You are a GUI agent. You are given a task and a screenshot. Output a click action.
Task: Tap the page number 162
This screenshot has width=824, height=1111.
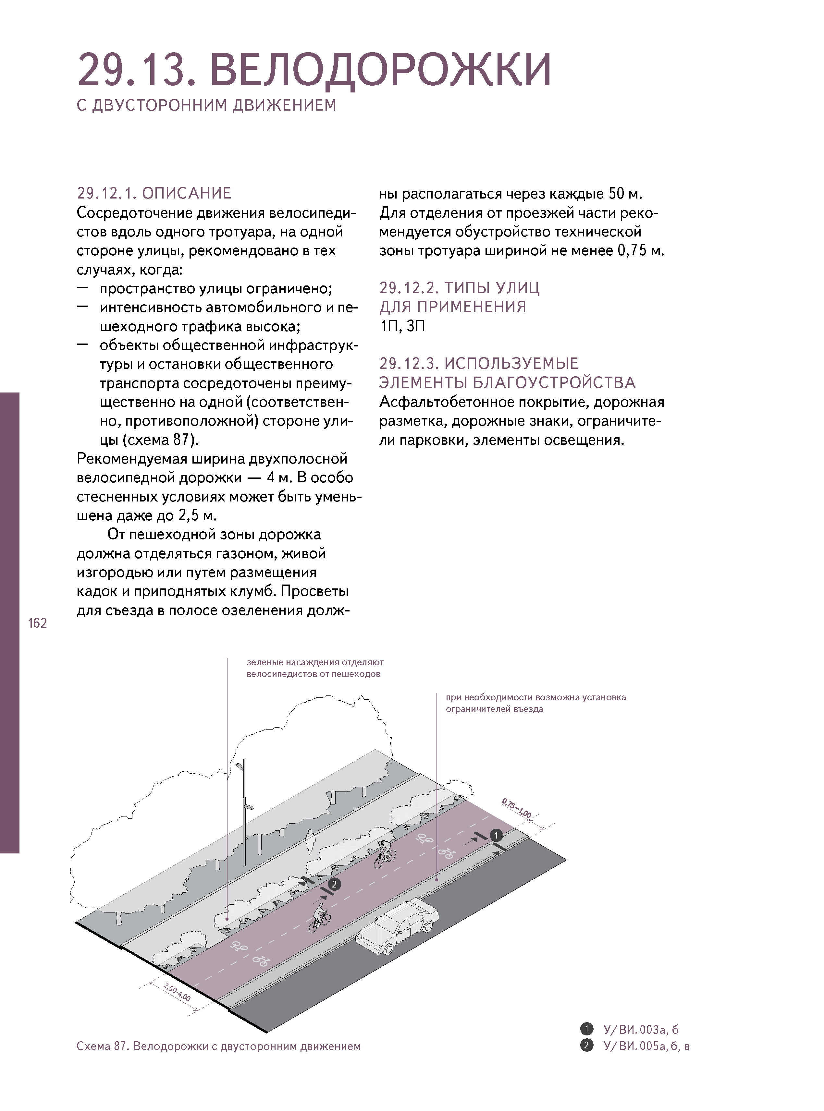pos(37,623)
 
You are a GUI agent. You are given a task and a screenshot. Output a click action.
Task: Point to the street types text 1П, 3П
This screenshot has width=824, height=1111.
pos(402,326)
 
